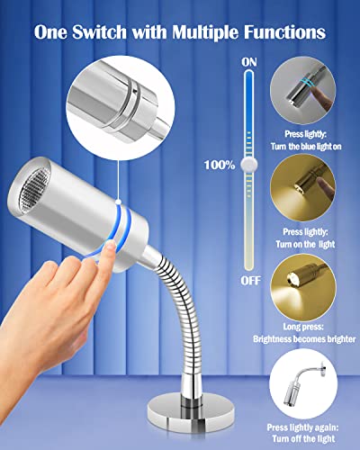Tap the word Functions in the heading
coord(280,31)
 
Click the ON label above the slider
coord(248,60)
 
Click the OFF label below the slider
coord(249,281)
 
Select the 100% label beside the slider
coord(220,165)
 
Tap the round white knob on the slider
coord(249,165)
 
